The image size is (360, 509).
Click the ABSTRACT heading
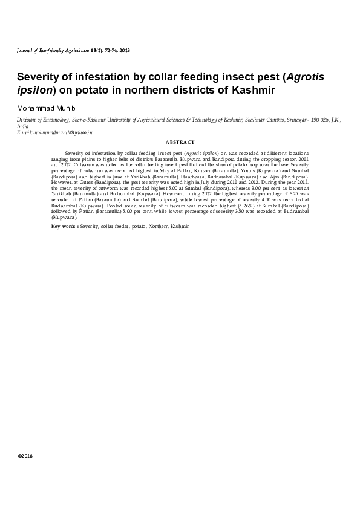180,142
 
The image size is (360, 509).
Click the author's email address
58,131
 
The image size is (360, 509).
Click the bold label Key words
64,225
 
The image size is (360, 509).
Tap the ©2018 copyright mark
25,455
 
